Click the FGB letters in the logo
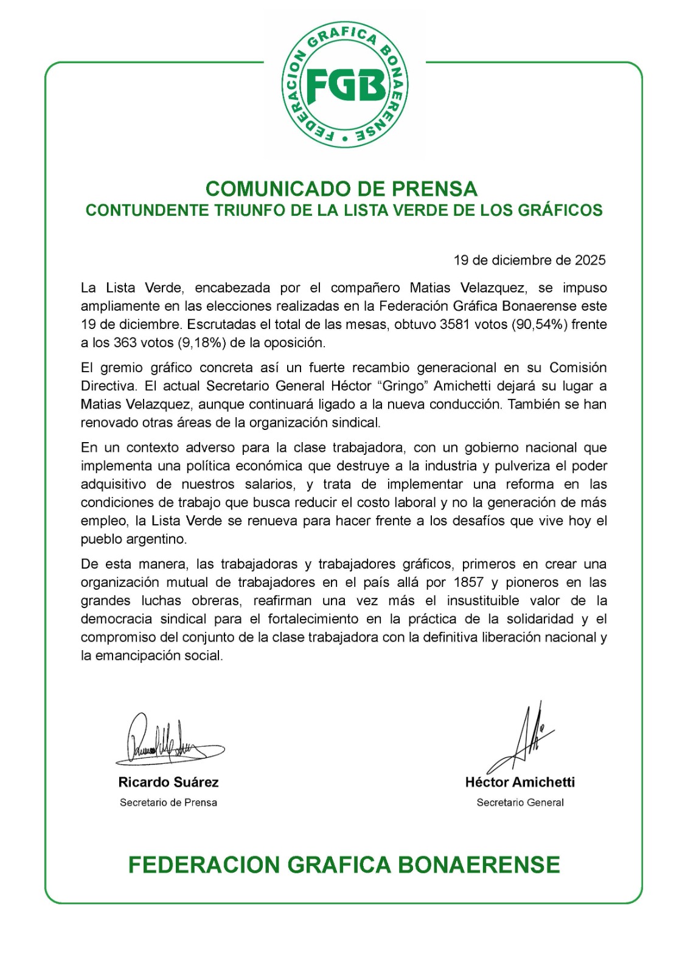pyautogui.click(x=345, y=86)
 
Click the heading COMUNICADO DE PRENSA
pyautogui.click(x=341, y=189)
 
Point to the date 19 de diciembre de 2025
pyautogui.click(x=529, y=260)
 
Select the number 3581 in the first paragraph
pyautogui.click(x=454, y=324)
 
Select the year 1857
pyautogui.click(x=468, y=582)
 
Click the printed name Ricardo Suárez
pyautogui.click(x=169, y=782)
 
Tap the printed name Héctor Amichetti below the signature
pyautogui.click(x=520, y=782)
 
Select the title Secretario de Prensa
pyautogui.click(x=169, y=803)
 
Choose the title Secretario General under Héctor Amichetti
pyautogui.click(x=520, y=803)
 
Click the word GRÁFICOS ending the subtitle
pyautogui.click(x=560, y=210)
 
